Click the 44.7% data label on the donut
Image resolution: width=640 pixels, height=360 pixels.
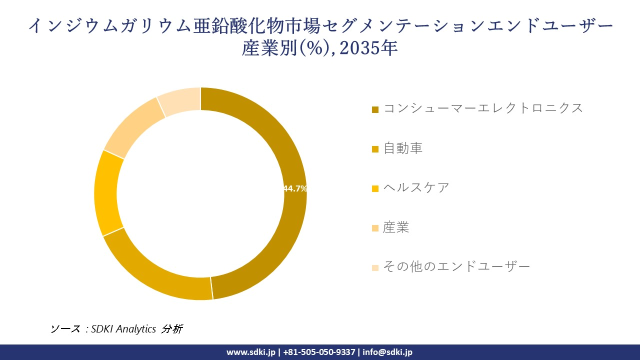click(295, 188)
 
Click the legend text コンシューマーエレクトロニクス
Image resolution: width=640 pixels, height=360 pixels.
click(483, 108)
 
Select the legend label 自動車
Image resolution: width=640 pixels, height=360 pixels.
click(403, 148)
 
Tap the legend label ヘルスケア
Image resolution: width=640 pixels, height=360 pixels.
click(416, 188)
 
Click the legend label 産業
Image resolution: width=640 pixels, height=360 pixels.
click(396, 227)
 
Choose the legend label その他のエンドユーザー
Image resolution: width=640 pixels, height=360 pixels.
click(456, 267)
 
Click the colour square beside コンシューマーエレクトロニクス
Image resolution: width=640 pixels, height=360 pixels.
click(375, 109)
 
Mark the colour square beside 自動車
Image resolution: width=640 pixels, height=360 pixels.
click(375, 149)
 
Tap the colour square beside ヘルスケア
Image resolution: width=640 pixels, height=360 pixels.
click(375, 189)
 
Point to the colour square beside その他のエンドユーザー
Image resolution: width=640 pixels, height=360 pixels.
click(375, 268)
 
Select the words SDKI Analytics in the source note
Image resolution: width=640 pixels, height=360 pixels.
click(124, 329)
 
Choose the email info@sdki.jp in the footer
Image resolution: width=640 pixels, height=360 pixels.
click(387, 352)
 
